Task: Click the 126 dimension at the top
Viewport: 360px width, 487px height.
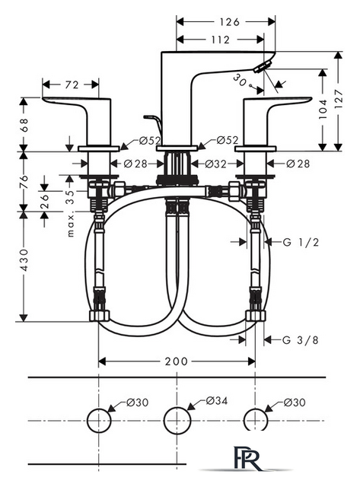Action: [230, 22]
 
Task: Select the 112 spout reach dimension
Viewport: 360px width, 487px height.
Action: [220, 40]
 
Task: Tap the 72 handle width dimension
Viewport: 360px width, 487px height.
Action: [72, 84]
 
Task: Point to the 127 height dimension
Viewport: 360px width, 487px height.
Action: [339, 98]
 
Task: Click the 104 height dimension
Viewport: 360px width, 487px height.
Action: [323, 109]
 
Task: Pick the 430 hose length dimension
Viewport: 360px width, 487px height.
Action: [24, 259]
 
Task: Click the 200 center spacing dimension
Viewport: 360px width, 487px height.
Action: [176, 361]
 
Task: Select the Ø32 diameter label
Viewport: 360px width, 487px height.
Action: [216, 164]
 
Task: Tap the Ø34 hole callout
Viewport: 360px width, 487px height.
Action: [216, 401]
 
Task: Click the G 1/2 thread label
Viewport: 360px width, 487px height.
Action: [301, 242]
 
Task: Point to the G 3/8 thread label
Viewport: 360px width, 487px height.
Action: [301, 340]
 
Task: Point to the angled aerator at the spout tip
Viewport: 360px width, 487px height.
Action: [263, 67]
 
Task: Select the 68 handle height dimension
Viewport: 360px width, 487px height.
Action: [24, 125]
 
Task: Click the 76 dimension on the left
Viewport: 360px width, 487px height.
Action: [24, 182]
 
